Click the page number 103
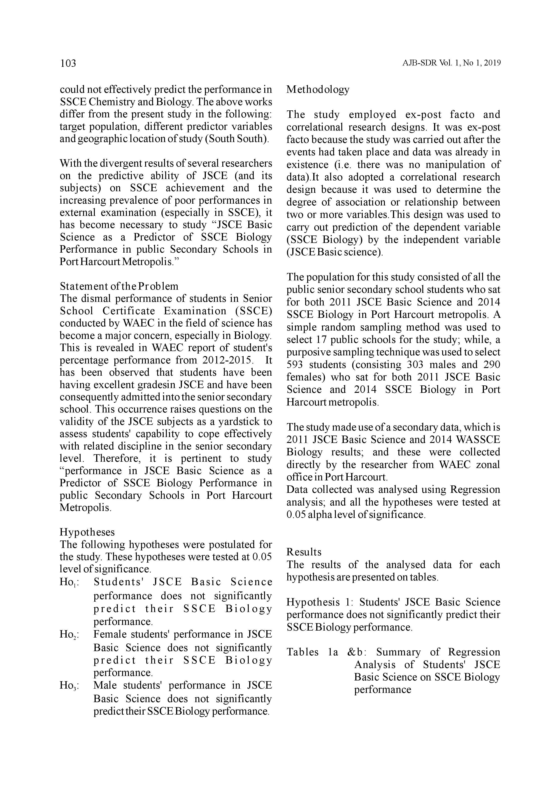tap(68, 63)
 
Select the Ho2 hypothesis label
tap(69, 634)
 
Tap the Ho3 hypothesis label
tap(69, 685)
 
